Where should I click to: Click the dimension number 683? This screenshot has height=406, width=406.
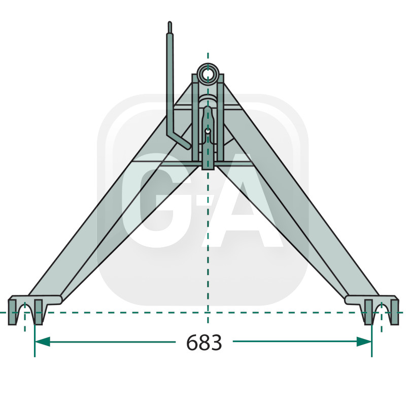point(204,344)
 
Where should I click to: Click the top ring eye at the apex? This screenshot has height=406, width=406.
point(208,73)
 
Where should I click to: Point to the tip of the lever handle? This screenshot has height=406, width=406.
point(170,24)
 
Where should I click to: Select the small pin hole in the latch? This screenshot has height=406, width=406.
point(208,131)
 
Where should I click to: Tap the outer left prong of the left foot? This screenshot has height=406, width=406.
point(13,313)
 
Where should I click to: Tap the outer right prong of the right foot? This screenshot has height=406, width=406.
point(394,313)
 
